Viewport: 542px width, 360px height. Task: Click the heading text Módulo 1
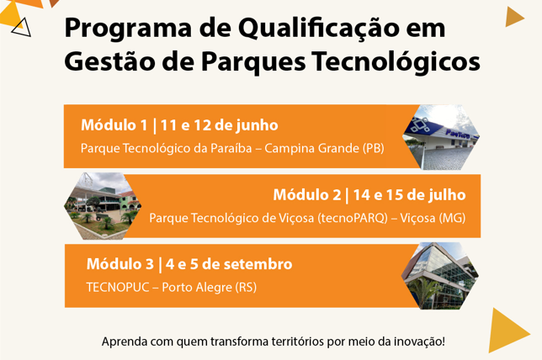114,125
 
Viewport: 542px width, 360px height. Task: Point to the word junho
257,126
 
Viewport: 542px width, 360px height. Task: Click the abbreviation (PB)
374,149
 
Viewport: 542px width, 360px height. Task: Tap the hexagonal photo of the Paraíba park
441,137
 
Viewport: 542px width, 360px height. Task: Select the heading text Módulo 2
307,195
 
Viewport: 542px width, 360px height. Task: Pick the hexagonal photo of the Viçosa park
103,206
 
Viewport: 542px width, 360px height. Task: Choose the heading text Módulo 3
120,264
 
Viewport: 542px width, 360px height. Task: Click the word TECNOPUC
118,288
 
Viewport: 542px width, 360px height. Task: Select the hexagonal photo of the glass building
440,276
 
